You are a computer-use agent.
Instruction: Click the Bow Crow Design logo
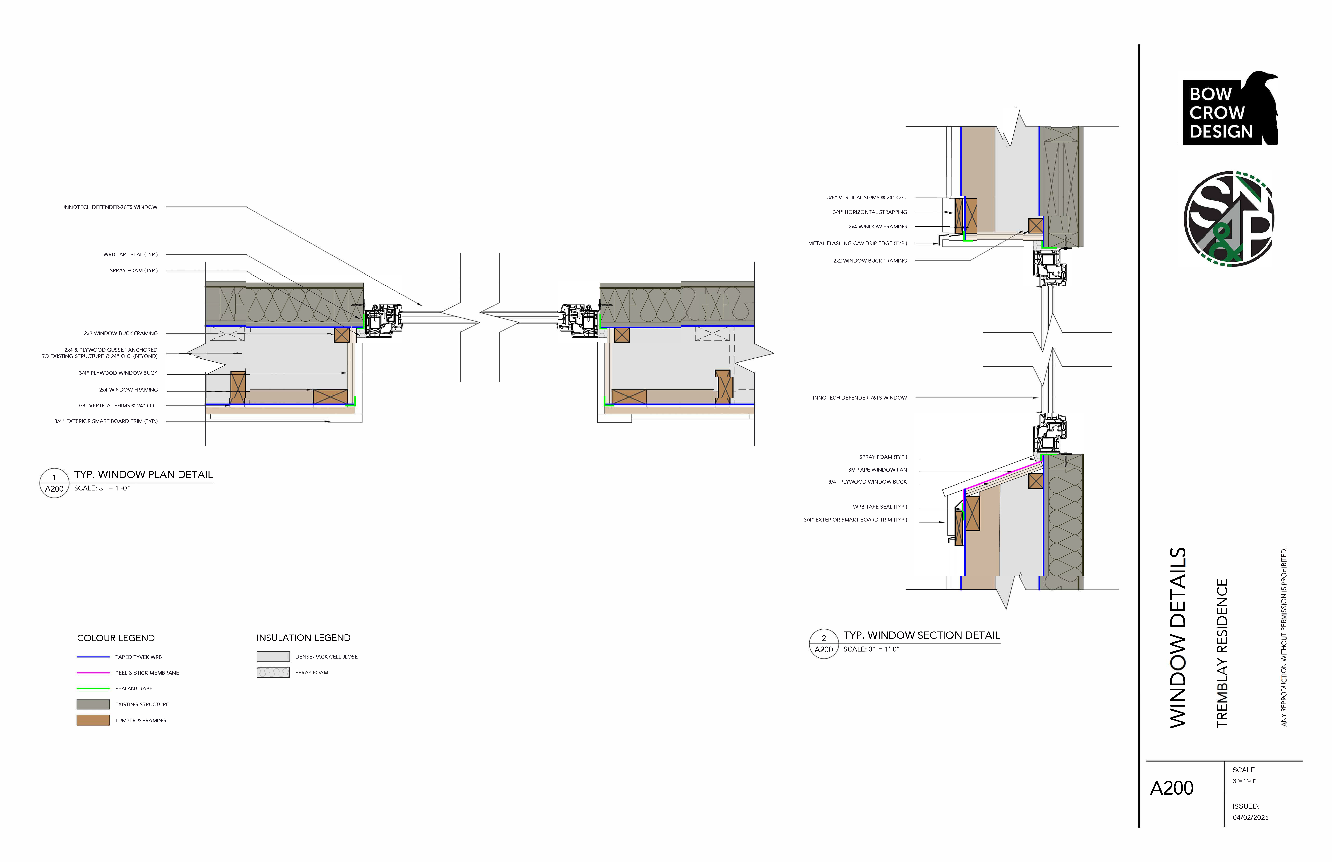click(x=1230, y=108)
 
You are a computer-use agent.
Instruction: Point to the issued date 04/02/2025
click(x=1250, y=817)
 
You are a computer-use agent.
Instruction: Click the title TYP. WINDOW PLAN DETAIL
click(x=143, y=475)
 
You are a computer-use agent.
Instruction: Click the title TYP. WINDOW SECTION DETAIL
click(x=922, y=635)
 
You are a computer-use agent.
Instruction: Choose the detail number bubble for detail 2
click(x=824, y=644)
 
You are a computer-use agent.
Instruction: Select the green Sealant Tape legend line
click(x=93, y=688)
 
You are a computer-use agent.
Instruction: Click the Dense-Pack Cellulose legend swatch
click(x=273, y=657)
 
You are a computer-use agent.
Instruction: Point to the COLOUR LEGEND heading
click(x=116, y=638)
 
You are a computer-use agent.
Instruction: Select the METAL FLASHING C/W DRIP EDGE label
click(x=857, y=243)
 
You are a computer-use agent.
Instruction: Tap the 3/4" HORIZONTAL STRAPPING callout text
click(x=870, y=212)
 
